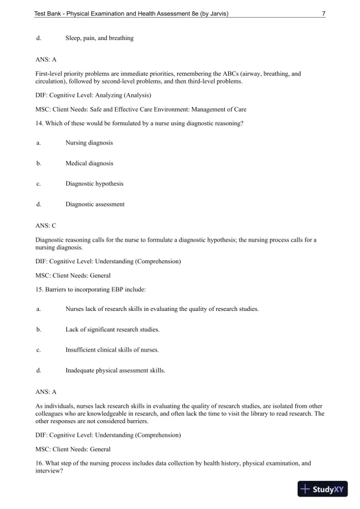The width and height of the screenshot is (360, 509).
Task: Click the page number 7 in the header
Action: tap(324, 14)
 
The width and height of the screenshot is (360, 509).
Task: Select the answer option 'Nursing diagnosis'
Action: tap(89, 143)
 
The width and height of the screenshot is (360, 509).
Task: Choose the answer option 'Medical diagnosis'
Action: tap(89, 163)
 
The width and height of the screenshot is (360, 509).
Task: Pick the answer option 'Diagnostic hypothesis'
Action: tap(94, 184)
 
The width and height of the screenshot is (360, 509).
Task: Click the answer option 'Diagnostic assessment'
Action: tap(95, 205)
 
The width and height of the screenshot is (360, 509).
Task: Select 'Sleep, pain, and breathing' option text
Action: tap(99, 38)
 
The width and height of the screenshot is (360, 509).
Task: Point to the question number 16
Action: tap(39, 463)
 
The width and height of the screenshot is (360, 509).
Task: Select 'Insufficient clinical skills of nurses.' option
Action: tap(112, 350)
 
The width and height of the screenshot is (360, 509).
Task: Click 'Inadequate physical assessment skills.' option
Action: tap(115, 370)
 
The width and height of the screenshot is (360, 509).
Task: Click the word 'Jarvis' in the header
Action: tap(213, 14)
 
